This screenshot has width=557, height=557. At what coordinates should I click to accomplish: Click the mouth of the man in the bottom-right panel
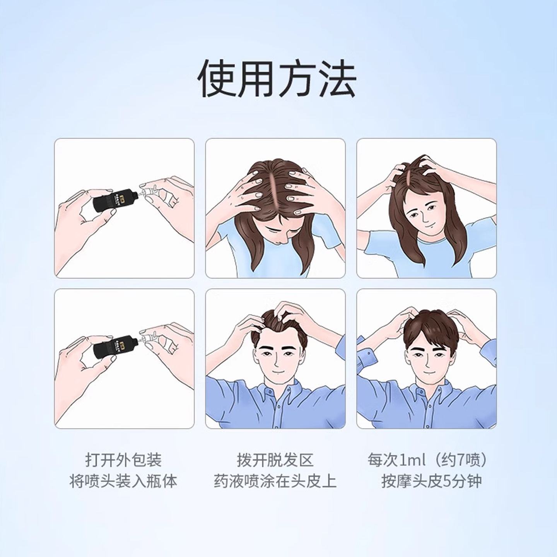click(427, 373)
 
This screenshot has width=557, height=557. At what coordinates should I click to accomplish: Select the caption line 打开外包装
click(123, 460)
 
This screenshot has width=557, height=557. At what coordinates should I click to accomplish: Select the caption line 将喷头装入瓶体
click(123, 482)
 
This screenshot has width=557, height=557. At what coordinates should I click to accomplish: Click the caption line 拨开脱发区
click(275, 460)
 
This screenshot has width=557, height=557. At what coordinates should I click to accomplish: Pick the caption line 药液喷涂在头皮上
click(275, 482)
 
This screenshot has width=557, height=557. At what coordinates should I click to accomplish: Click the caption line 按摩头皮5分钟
click(431, 482)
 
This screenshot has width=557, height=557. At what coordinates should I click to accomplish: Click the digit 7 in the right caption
click(460, 460)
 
